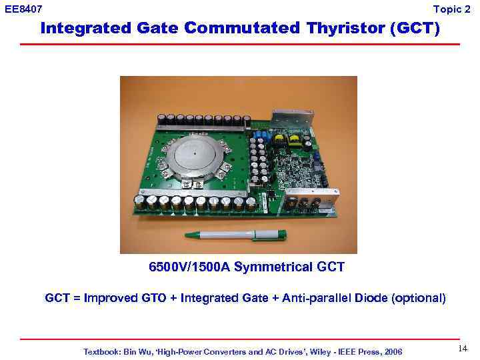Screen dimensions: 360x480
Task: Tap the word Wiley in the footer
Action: [x=315, y=351]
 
